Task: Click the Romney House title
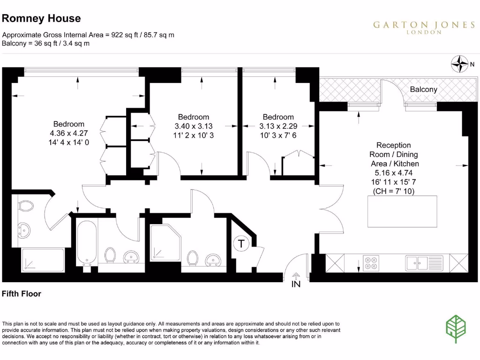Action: [x=42, y=19]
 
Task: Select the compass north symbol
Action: [x=460, y=64]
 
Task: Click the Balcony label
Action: [x=423, y=89]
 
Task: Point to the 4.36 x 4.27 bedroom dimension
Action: [x=69, y=133]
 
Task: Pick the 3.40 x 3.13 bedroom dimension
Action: [x=194, y=126]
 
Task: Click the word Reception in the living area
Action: [x=394, y=145]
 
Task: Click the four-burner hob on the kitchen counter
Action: [x=372, y=263]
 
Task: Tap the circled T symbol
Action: [x=241, y=244]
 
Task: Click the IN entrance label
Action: [x=296, y=284]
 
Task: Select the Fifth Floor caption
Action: [x=22, y=294]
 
